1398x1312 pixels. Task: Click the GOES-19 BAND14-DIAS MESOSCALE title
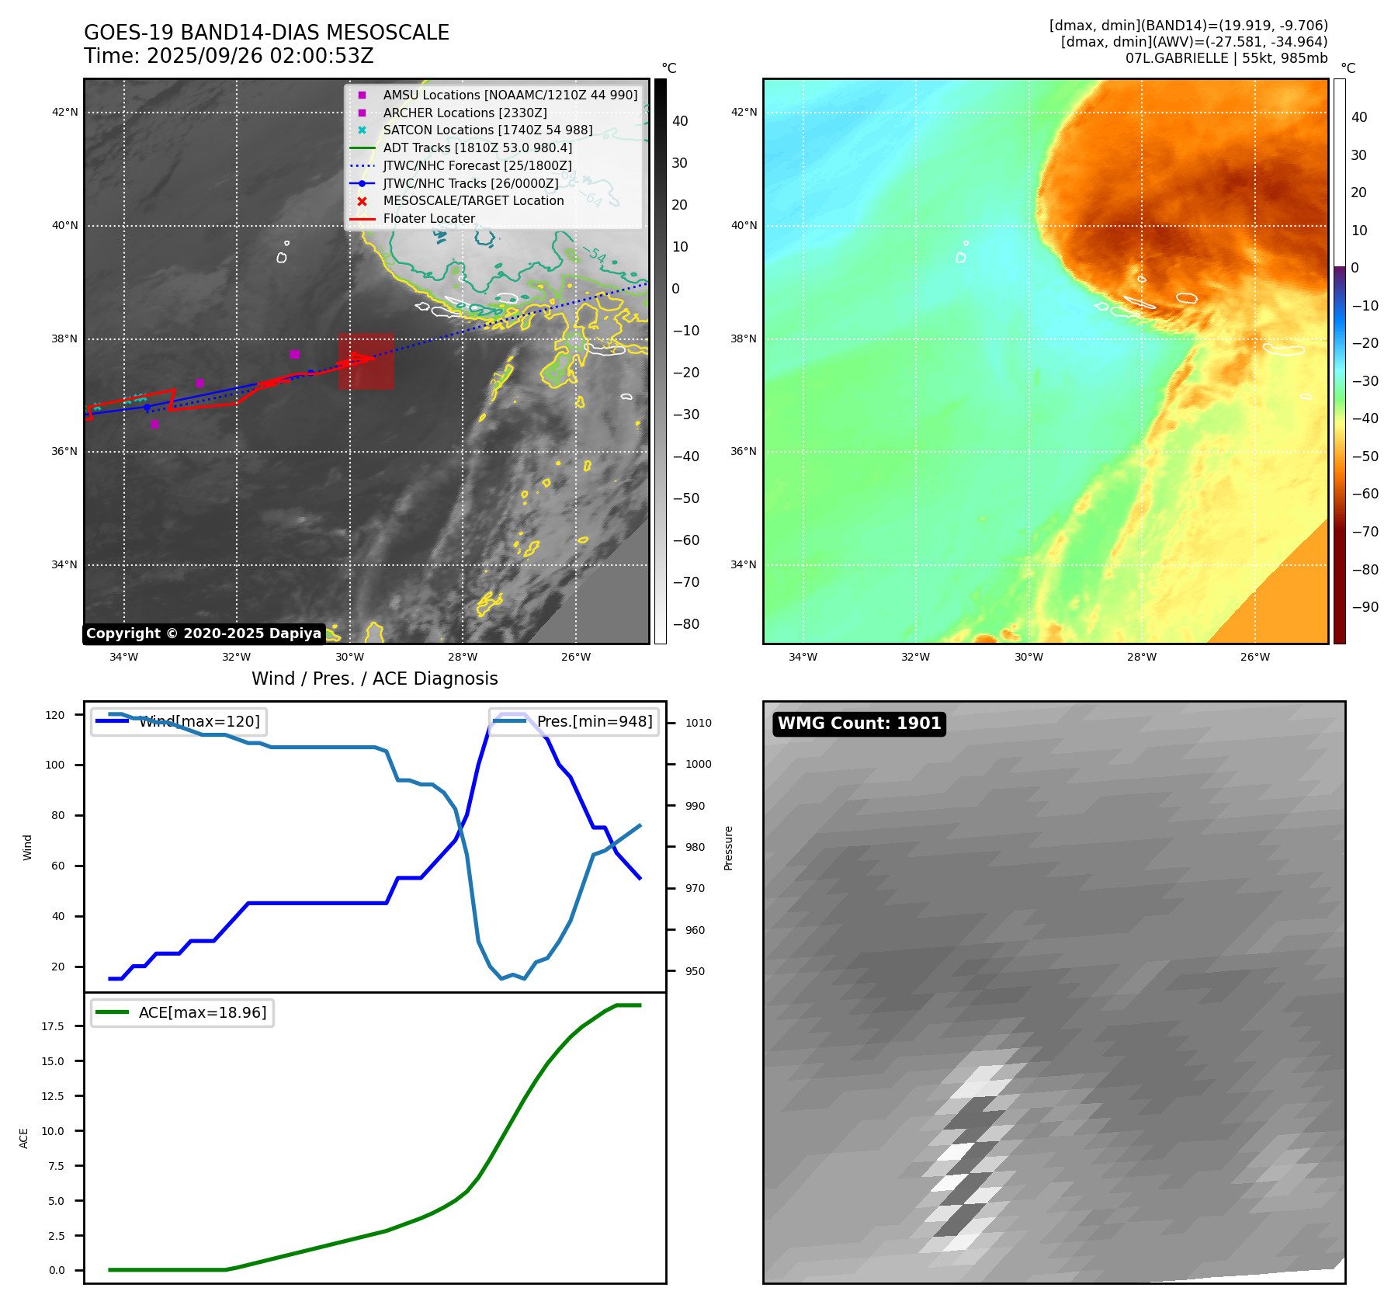click(x=266, y=33)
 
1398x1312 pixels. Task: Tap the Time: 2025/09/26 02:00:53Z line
click(x=229, y=56)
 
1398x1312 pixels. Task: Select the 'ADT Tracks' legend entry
click(x=477, y=148)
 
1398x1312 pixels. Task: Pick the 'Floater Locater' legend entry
click(x=428, y=218)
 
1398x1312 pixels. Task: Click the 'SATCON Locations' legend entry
click(x=487, y=130)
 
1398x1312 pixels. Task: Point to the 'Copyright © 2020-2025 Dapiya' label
click(x=203, y=633)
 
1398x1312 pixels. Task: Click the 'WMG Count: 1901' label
click(x=859, y=724)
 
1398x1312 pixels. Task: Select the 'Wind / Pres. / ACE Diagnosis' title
click(x=374, y=679)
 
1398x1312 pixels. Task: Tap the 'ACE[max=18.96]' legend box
click(x=182, y=1012)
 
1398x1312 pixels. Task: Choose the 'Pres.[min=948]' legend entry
click(x=574, y=721)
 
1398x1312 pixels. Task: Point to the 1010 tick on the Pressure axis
click(x=698, y=723)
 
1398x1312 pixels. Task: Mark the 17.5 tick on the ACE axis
click(x=53, y=1026)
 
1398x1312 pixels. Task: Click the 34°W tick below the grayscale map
click(x=123, y=657)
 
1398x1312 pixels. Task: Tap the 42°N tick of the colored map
click(x=744, y=112)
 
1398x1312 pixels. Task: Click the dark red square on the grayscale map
click(x=366, y=362)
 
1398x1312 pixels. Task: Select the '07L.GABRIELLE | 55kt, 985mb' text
click(x=1226, y=58)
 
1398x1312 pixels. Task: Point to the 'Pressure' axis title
click(x=728, y=848)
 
